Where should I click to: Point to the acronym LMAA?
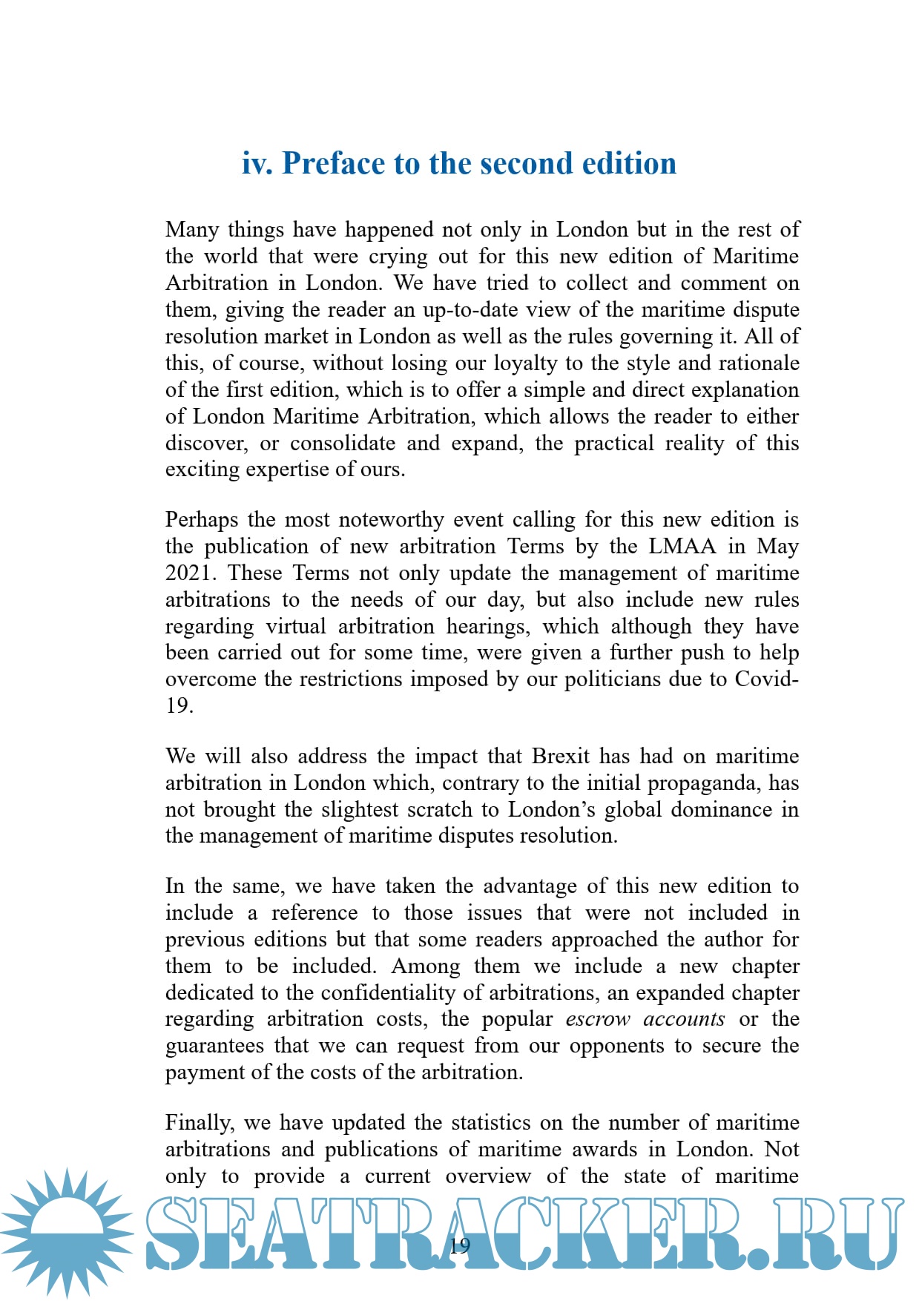(682, 547)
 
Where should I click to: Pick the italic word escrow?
(597, 1019)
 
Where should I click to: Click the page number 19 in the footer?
(460, 1245)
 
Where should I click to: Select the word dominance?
(721, 809)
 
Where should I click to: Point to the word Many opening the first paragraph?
(191, 230)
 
